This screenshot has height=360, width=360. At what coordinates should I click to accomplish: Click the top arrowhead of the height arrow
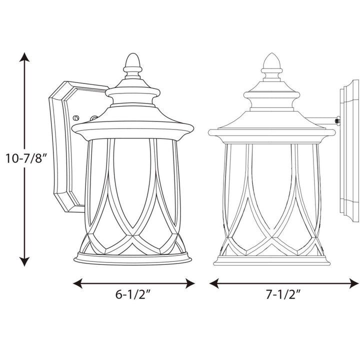[24, 56]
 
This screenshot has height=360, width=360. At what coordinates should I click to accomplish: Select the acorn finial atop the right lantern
[271, 65]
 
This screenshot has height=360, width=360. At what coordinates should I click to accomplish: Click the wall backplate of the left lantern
[62, 145]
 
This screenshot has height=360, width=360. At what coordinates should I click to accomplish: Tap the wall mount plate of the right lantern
[349, 150]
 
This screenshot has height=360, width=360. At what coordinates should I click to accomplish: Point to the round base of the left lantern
[132, 258]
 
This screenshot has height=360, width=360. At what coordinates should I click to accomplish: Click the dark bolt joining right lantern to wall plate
[338, 121]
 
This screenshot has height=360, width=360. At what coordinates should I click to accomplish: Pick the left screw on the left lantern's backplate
[75, 118]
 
